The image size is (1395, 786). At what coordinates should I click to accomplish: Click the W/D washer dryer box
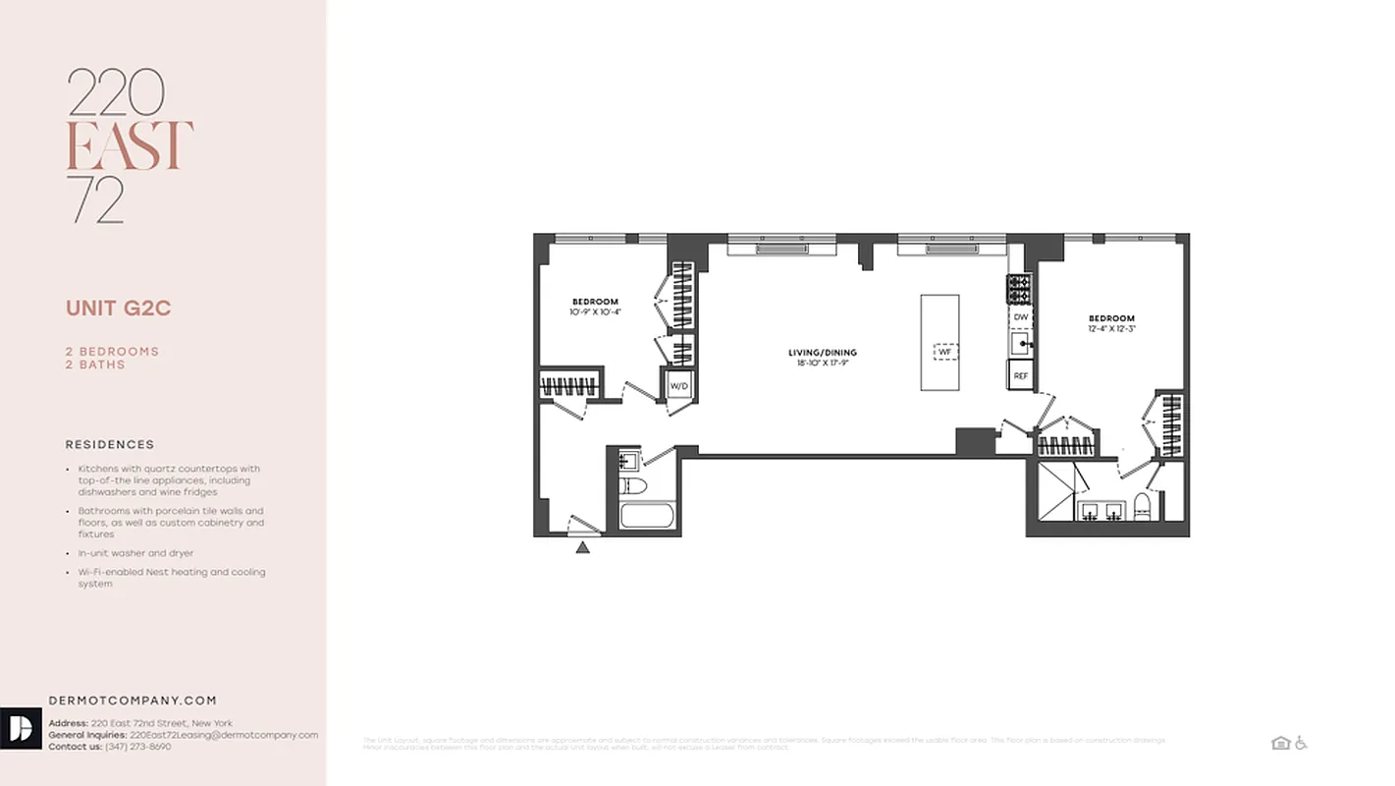679,386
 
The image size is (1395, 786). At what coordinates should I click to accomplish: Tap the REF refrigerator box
1020,375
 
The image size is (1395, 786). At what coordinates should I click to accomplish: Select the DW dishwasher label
1020,317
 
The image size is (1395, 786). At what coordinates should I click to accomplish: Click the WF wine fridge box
944,351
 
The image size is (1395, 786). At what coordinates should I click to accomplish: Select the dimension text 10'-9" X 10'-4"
595,311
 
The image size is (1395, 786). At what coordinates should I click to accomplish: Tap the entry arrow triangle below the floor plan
582,547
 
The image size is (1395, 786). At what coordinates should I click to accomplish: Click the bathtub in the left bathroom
647,516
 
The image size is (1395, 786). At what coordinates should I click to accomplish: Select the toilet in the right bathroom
1142,507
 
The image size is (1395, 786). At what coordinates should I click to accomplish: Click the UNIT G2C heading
119,309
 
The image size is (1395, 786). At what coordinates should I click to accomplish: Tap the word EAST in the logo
129,146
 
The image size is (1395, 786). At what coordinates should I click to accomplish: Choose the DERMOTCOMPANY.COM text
133,701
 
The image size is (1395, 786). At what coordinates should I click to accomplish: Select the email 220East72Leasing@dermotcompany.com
224,735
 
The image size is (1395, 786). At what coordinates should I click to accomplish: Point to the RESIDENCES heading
110,445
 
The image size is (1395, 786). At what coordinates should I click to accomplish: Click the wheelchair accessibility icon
1301,743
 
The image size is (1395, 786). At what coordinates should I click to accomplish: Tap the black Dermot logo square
21,728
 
